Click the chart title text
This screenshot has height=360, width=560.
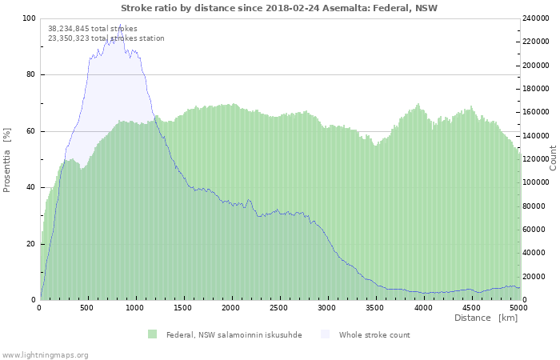[x=279, y=8]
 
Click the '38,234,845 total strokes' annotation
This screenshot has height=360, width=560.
[x=92, y=28]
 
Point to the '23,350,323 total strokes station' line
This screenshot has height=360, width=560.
[x=106, y=38]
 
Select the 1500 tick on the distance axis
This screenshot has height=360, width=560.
[x=183, y=308]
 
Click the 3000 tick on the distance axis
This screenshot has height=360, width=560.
[x=327, y=308]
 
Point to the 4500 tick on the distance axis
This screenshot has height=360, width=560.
[x=471, y=308]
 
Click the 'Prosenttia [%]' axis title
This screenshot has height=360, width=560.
[x=7, y=159]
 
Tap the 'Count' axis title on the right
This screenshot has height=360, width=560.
[x=553, y=158]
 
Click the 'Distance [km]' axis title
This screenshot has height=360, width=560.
[x=486, y=318]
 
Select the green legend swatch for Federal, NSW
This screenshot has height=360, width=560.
[x=152, y=334]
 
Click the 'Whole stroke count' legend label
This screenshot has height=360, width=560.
[x=374, y=334]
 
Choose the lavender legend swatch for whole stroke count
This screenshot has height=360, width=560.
[x=325, y=334]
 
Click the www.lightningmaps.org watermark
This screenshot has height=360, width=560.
[x=45, y=354]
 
